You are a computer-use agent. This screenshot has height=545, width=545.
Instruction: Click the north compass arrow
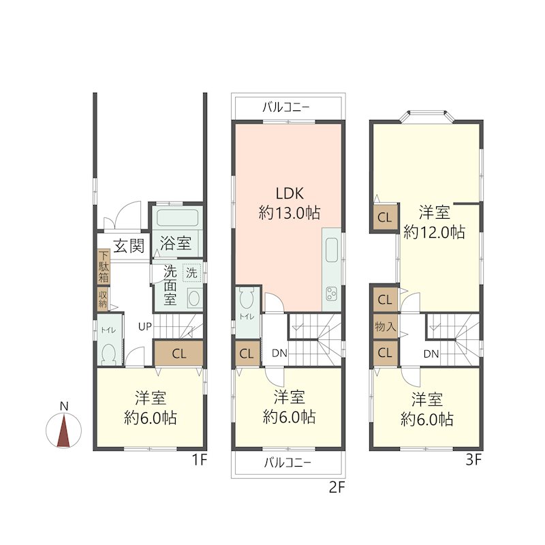pos(63,431)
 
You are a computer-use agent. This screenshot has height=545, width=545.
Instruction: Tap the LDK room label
pos(290,193)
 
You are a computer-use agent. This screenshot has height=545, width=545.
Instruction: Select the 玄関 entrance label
pos(129,246)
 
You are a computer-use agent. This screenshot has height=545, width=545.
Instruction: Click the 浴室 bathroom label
pos(176,243)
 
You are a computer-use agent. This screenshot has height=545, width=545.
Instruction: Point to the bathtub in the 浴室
pos(177,217)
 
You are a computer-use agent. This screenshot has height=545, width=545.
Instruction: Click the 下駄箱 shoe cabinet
pos(104,267)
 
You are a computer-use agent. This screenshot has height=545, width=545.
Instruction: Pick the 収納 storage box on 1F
pos(103,298)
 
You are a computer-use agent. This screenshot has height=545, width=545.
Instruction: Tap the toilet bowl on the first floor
pos(108,354)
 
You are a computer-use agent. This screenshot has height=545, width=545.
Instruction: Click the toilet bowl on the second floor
pos(247,298)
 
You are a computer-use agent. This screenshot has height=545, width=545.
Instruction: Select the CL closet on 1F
pos(178,354)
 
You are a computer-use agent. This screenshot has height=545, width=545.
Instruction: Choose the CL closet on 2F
pos(247,354)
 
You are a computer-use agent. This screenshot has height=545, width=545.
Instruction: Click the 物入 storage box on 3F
pos(385,326)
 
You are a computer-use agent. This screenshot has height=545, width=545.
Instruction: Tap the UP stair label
pos(145,326)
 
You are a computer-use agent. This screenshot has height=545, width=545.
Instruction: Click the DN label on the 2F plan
pos(279,354)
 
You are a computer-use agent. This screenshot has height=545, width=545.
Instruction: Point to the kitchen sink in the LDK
pos(332,250)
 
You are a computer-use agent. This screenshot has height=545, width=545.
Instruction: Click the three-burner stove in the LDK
pos(331,294)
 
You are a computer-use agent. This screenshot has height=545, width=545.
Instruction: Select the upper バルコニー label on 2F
pos(285,107)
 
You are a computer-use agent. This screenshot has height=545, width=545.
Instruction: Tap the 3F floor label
pos(473,461)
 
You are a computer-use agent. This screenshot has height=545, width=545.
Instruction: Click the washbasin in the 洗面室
pos(194,298)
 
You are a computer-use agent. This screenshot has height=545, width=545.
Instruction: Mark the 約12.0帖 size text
pos(434,232)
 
